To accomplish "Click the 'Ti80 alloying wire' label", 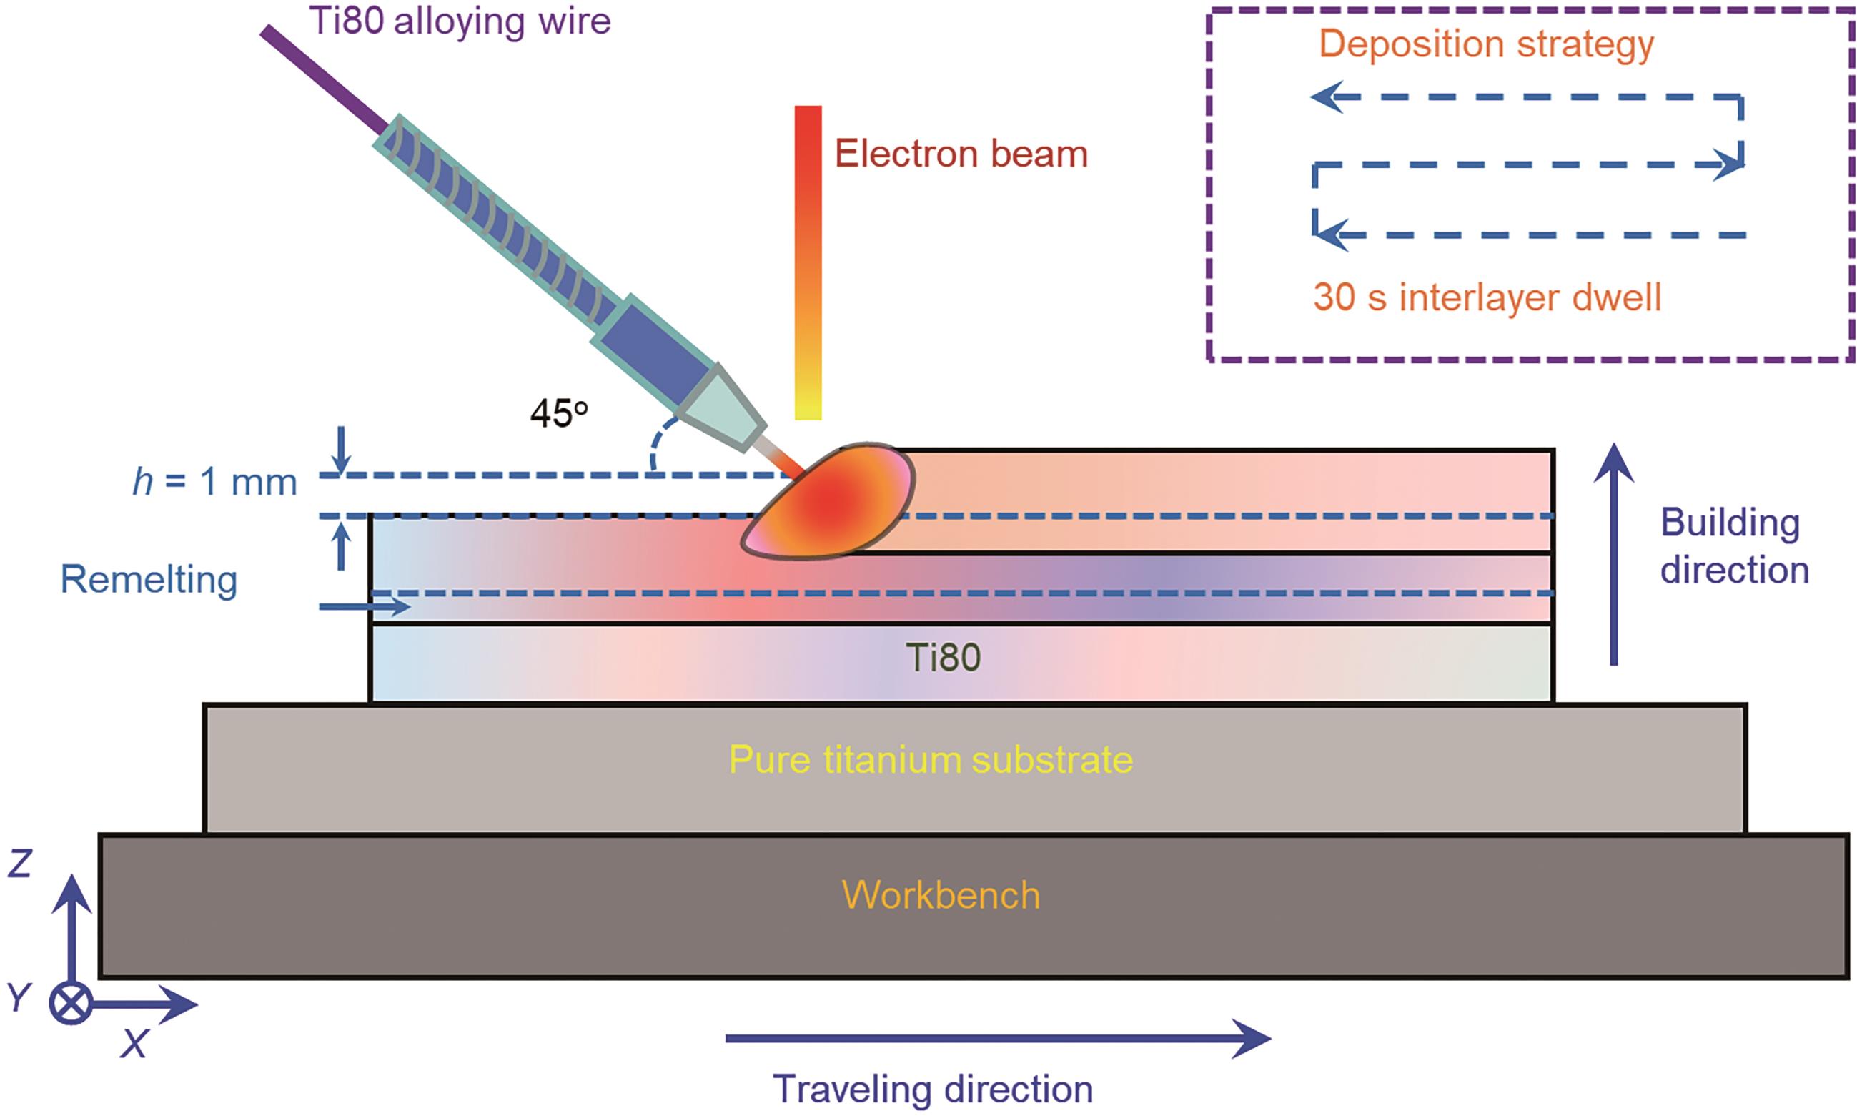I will (x=460, y=21).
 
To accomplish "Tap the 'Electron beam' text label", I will (x=961, y=154).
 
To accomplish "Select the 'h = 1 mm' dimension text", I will (x=215, y=482).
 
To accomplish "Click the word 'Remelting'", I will (x=149, y=580).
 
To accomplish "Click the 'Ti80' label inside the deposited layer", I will (x=943, y=658).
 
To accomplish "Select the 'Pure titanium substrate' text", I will (x=931, y=760).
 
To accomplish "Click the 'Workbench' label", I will (x=941, y=895).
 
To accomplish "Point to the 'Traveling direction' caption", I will (x=932, y=1089).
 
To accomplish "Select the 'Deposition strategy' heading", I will (x=1486, y=44).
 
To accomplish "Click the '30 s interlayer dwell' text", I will (x=1486, y=297).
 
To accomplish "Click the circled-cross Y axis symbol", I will (x=71, y=1003).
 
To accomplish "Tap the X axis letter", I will (x=134, y=1044).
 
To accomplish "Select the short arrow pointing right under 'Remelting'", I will (x=365, y=606).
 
